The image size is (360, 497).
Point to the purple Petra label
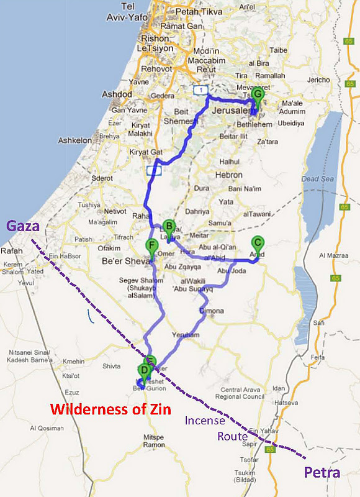(322, 472)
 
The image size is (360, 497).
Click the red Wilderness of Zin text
(110, 409)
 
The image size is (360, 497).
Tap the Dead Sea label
(313, 179)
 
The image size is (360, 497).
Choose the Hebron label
(228, 175)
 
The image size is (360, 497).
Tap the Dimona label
(212, 311)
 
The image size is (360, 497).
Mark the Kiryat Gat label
(145, 152)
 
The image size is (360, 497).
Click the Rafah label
(12, 251)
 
